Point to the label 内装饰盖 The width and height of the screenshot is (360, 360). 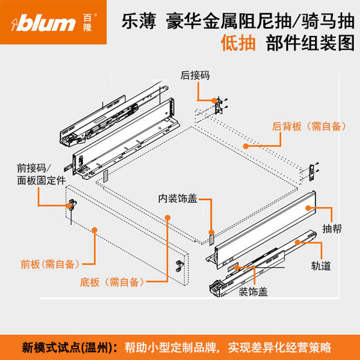tap(179, 198)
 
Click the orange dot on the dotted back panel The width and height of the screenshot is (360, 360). tap(245, 146)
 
